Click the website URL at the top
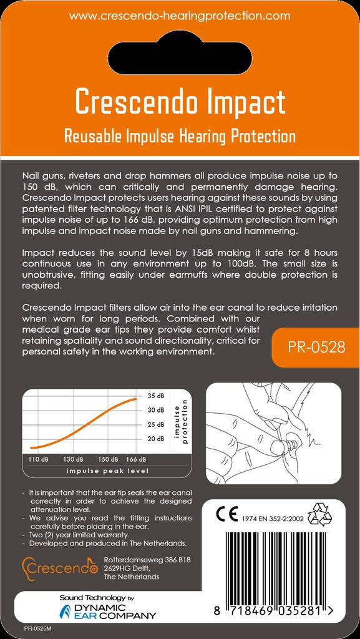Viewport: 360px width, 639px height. [180, 16]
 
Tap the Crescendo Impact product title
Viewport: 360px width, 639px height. [180, 102]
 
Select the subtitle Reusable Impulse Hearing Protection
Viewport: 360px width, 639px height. [180, 135]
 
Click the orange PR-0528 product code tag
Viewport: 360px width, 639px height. [316, 347]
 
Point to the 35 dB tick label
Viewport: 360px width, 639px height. [156, 396]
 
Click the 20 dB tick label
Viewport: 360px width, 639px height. [156, 439]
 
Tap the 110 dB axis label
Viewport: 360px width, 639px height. [39, 459]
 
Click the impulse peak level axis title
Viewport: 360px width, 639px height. [107, 471]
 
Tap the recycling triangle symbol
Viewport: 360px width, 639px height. [320, 514]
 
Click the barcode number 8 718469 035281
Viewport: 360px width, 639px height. [273, 611]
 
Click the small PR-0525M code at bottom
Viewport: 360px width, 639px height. [37, 630]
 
